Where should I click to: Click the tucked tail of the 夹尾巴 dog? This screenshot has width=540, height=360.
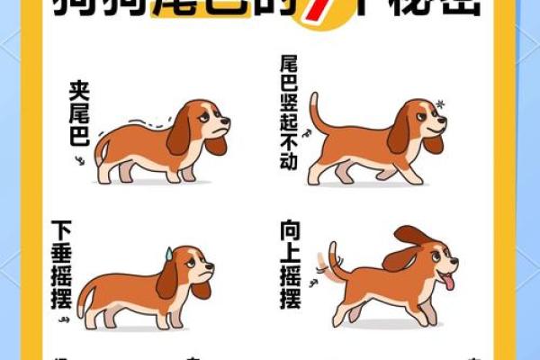point(101,150)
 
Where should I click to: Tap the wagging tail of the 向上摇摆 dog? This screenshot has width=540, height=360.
point(334,261)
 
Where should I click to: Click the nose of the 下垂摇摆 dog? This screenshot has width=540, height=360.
point(211,266)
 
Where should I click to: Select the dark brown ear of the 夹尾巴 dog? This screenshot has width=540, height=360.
point(179,132)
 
